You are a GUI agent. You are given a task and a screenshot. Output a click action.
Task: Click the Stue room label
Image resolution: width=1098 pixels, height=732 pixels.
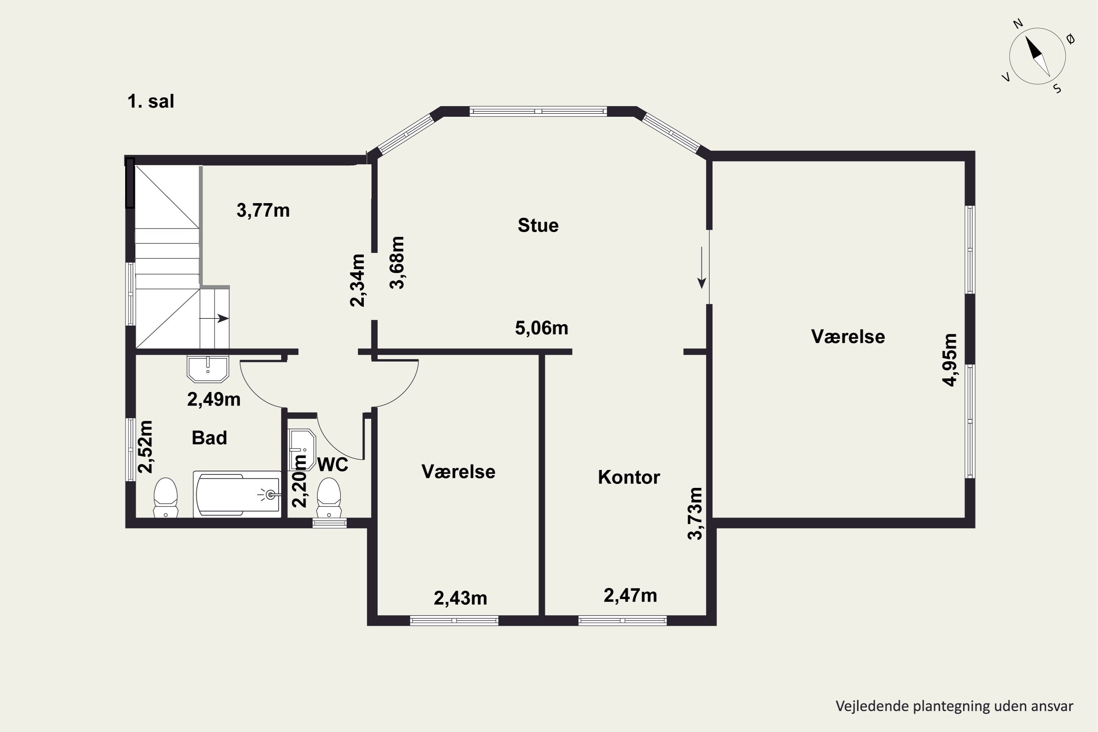[x=538, y=225]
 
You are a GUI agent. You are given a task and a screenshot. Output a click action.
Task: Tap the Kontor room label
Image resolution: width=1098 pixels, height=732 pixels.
[x=629, y=477]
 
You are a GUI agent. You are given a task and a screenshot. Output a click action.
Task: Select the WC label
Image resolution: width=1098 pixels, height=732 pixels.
[x=333, y=464]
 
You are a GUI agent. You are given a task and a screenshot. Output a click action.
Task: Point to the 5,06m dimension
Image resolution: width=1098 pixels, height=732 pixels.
[x=542, y=328]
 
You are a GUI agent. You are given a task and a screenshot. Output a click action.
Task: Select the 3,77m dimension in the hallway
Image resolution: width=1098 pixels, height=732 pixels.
[x=263, y=210]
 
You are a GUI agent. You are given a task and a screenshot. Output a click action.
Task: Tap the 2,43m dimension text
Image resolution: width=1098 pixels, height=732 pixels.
[x=460, y=598]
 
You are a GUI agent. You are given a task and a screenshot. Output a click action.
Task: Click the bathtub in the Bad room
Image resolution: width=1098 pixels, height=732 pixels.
[x=238, y=494]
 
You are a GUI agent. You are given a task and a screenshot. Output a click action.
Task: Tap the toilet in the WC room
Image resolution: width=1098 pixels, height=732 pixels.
[x=329, y=498]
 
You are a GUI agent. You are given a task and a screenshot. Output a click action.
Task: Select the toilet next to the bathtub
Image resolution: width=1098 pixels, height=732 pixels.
[x=166, y=498]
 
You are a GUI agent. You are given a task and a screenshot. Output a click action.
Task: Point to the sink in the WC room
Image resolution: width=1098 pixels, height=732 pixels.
[x=302, y=449]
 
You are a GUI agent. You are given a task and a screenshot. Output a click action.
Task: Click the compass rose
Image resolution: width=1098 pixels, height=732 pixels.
[x=1037, y=56]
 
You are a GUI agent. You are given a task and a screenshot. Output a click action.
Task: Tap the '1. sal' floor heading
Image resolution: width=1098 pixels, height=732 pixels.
[x=151, y=101]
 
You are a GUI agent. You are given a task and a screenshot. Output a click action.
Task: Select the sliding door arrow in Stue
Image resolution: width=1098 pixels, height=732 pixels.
[x=701, y=268]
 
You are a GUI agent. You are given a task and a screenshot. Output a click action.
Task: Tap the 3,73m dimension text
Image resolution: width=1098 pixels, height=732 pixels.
[x=695, y=513]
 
